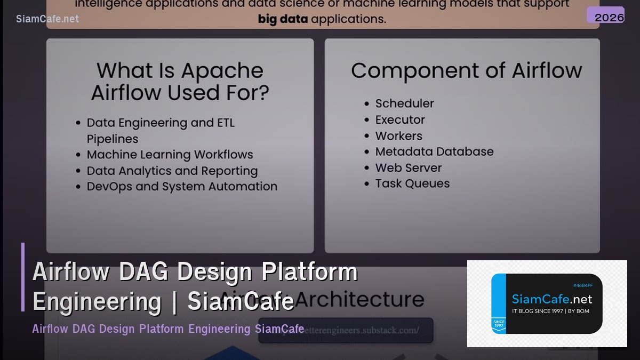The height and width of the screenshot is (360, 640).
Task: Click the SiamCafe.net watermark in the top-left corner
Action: [x=47, y=19]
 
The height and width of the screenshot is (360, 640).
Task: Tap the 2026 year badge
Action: [x=609, y=17]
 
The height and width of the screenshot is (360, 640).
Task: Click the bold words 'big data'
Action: [x=283, y=20]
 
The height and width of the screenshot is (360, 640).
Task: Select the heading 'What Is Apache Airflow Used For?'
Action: [x=180, y=81]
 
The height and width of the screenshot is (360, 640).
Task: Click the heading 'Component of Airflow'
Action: [x=466, y=70]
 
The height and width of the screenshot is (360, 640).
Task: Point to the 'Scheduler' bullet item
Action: [x=404, y=103]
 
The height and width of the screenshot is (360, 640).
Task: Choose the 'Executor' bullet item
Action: [x=399, y=119]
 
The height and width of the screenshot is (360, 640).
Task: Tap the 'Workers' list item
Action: [x=398, y=135]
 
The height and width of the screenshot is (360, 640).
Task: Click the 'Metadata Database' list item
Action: [x=434, y=151]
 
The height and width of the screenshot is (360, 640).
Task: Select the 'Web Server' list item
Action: [x=408, y=167]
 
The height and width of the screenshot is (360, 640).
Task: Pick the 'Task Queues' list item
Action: [x=412, y=183]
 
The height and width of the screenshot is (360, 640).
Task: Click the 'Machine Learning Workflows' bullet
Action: [x=170, y=155]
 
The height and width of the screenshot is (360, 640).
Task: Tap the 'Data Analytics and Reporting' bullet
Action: [x=172, y=171]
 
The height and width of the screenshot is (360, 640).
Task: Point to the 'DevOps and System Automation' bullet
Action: [x=182, y=187]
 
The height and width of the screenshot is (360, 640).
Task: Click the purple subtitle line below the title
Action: [x=168, y=329]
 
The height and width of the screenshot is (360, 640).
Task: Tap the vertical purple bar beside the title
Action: [x=23, y=277]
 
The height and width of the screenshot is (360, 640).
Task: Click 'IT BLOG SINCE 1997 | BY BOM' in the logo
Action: [x=550, y=311]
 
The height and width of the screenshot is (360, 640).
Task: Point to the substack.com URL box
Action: [x=346, y=330]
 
